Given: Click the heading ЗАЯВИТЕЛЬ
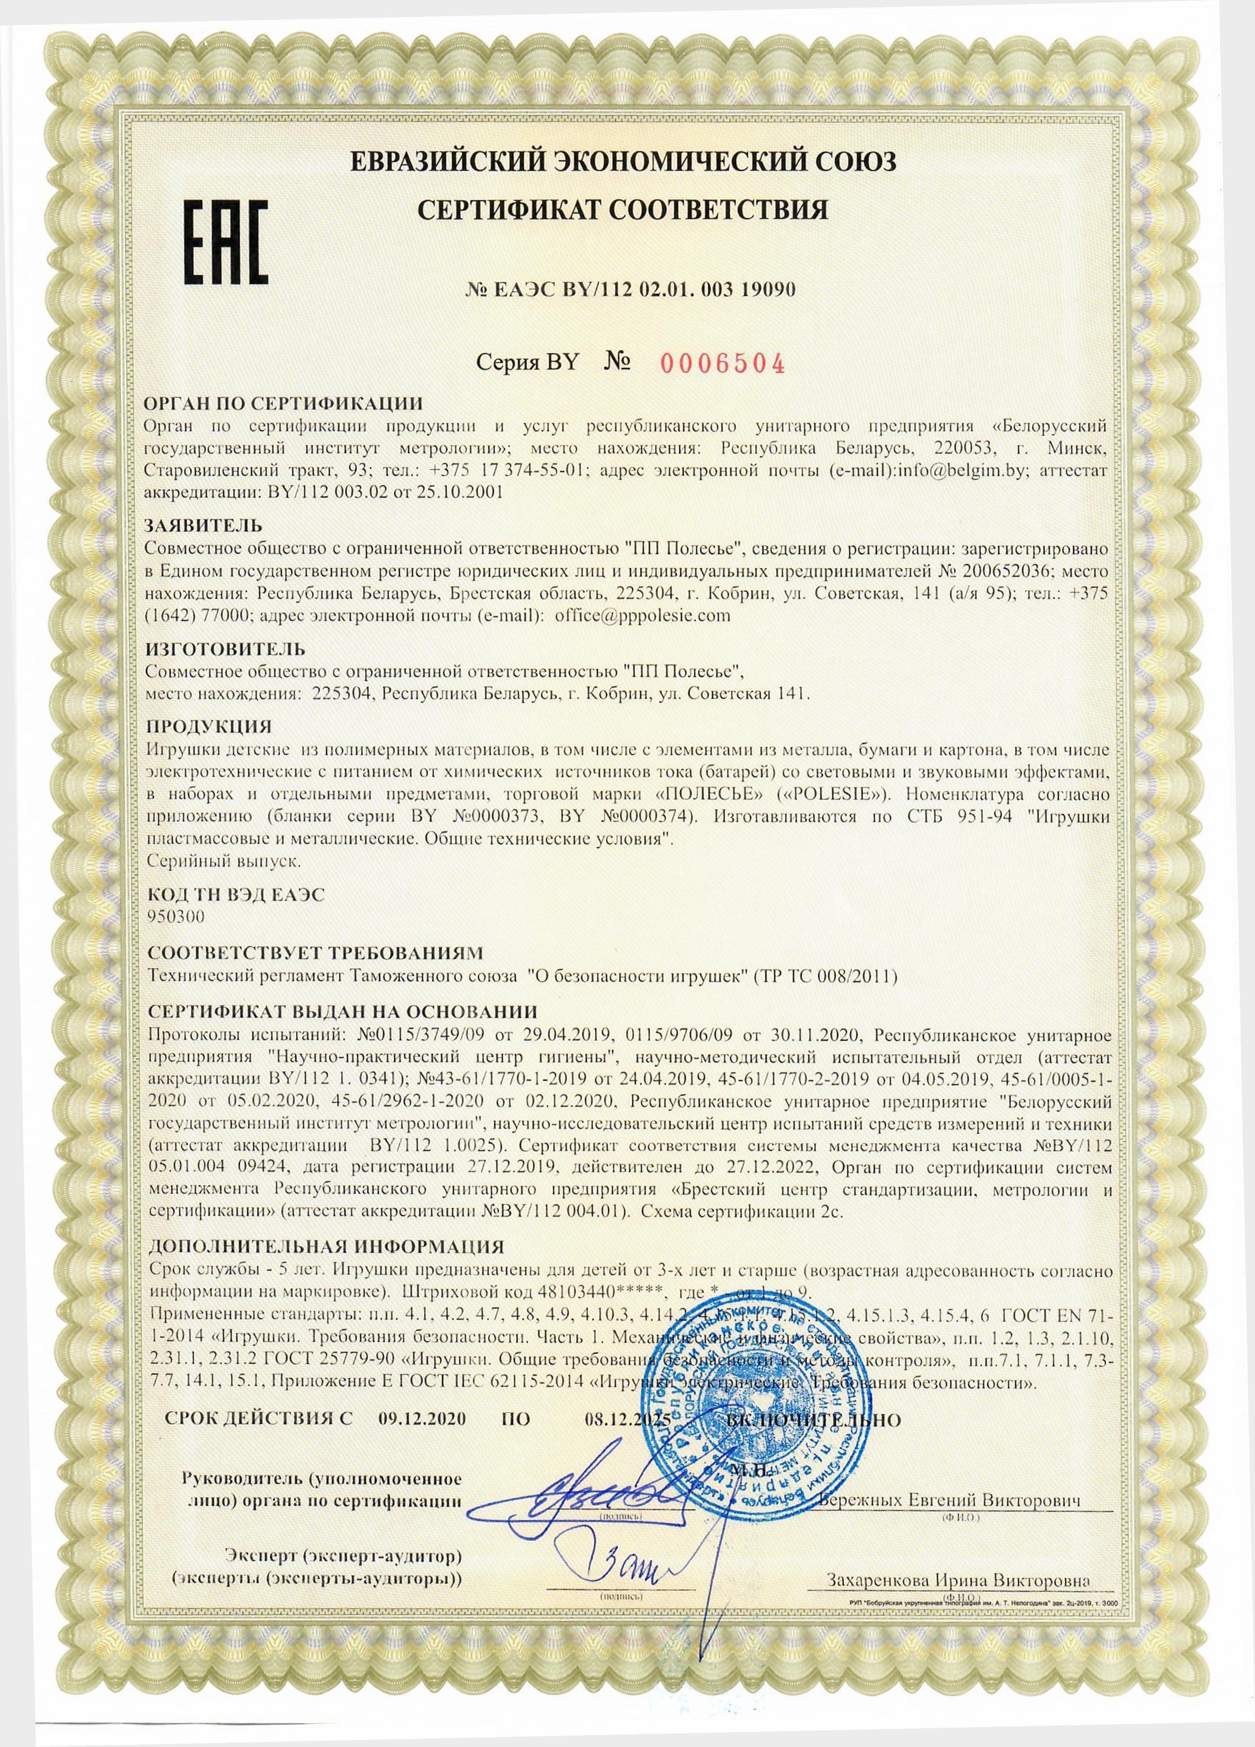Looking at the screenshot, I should [203, 526].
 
